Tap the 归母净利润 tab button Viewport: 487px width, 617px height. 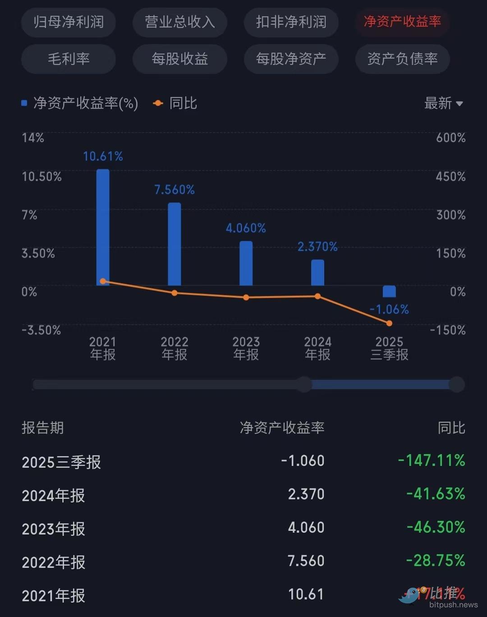69,22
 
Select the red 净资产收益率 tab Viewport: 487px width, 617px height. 402,22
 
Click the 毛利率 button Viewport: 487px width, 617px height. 69,59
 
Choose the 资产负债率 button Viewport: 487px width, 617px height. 402,59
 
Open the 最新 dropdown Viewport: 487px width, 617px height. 444,103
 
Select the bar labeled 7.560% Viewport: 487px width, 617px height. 175,244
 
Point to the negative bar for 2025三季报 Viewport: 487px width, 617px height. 389,291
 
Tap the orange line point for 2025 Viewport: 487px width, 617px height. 389,323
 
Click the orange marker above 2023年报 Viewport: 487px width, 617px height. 246,297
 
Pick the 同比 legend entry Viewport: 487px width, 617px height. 176,103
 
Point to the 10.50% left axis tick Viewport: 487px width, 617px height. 41,176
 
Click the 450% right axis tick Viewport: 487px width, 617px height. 450,176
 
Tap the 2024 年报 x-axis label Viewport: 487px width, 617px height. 317,348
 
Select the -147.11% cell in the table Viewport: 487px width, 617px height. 431,460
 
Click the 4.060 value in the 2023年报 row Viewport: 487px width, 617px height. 306,527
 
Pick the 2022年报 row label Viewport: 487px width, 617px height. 53,562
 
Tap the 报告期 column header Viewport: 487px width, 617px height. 43,428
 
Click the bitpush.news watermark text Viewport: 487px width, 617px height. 453,605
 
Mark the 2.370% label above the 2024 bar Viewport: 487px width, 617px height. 317,247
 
